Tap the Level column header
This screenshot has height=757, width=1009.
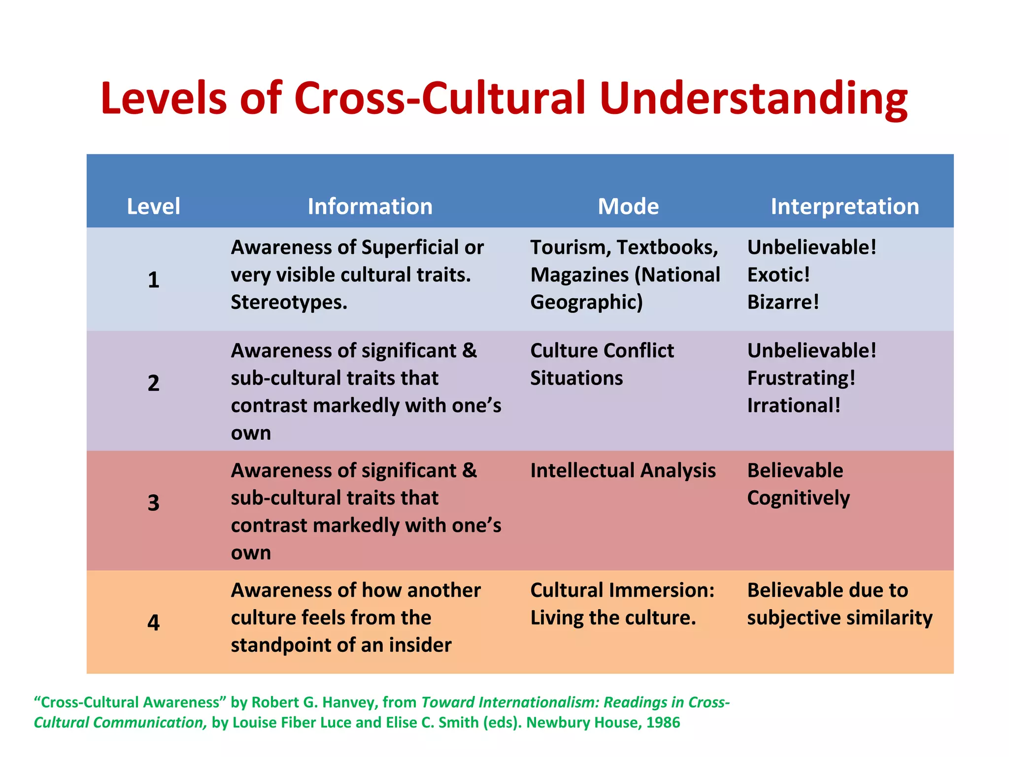coord(153,206)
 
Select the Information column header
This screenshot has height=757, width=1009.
coord(370,206)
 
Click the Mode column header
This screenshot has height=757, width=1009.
coord(628,206)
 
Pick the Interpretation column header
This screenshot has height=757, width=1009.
coord(844,206)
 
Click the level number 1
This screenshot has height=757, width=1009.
coord(153,279)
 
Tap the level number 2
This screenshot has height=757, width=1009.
coord(153,383)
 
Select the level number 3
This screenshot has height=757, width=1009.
coord(153,503)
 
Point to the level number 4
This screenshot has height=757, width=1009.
coord(153,622)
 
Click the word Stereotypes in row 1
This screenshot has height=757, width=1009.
coord(289,302)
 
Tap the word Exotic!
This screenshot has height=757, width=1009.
coord(778,275)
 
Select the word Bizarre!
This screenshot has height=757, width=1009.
coord(783,302)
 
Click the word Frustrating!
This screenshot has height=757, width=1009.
coord(801,378)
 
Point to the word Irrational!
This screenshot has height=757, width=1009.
coord(794,406)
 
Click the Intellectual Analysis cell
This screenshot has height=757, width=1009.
coord(623,471)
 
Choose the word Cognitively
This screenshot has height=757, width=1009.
coord(798,498)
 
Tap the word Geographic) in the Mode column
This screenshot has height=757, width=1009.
coord(586,302)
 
